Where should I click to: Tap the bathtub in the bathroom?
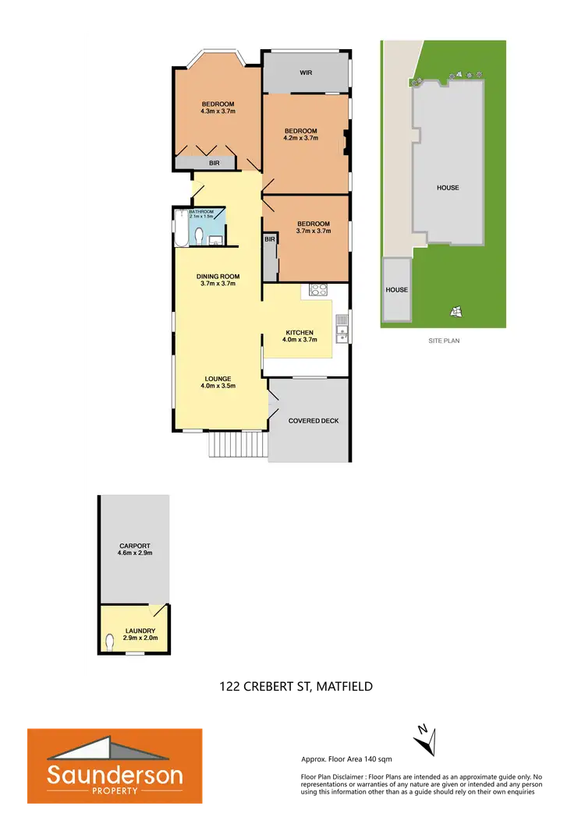point(181,226)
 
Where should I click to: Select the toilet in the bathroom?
point(200,236)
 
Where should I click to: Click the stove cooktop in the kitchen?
point(317,290)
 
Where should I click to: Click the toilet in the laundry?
point(110,643)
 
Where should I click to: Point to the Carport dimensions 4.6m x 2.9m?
point(134,553)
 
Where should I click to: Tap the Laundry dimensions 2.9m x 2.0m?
point(140,638)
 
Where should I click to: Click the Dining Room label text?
point(218,276)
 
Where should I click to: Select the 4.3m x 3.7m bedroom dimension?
point(218,111)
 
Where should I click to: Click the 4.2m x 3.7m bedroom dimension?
point(300,138)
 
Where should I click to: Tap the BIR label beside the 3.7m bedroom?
point(269,239)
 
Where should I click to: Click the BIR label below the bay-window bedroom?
point(213,163)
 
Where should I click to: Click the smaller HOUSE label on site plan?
point(396,290)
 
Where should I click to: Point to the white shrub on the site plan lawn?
point(456,312)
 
